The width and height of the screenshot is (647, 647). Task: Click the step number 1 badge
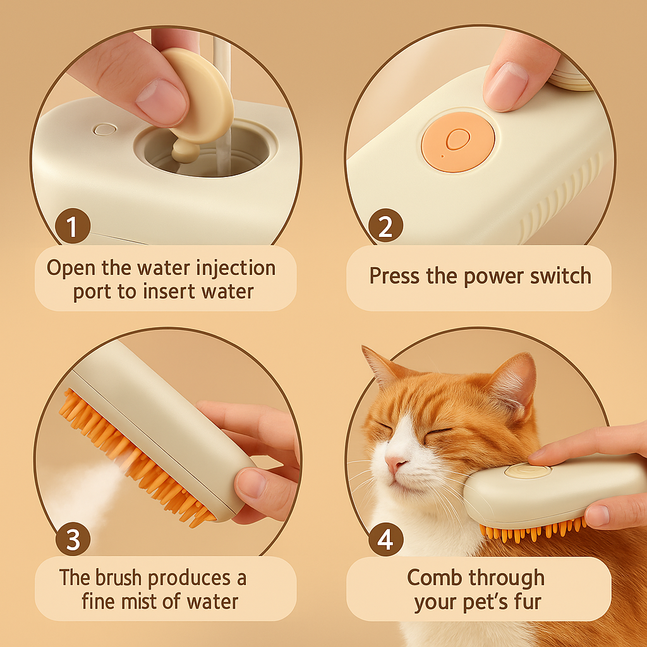[73, 226]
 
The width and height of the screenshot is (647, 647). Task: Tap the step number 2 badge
[385, 226]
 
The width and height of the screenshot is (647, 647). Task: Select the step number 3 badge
[73, 539]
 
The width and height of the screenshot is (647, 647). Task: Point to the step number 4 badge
[385, 539]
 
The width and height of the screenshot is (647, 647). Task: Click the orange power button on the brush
[458, 141]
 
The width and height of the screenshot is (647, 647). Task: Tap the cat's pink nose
[395, 464]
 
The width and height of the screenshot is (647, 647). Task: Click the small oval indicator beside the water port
[105, 129]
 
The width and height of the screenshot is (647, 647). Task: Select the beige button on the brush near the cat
[528, 471]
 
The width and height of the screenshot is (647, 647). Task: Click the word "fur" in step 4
[528, 602]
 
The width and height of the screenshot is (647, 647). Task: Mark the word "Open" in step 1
[71, 269]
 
